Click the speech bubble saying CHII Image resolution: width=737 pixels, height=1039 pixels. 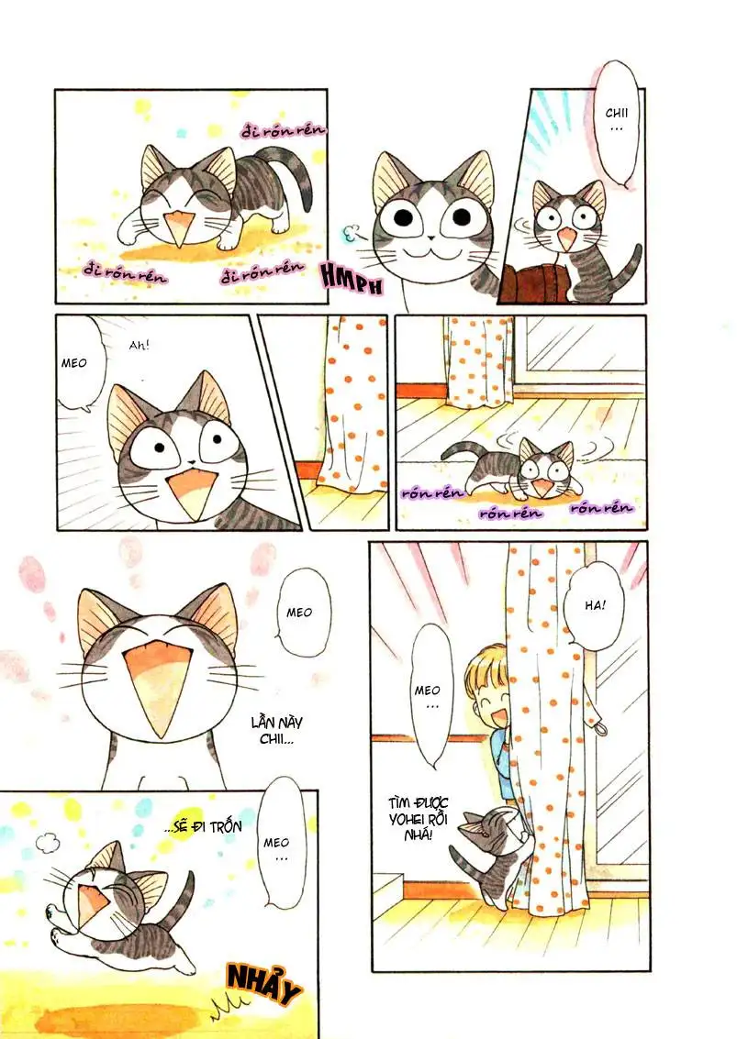[614, 123]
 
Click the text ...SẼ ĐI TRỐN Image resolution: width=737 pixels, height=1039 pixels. [206, 826]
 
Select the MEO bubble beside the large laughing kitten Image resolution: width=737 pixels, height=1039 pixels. [299, 613]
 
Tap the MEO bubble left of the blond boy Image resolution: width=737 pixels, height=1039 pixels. [429, 695]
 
